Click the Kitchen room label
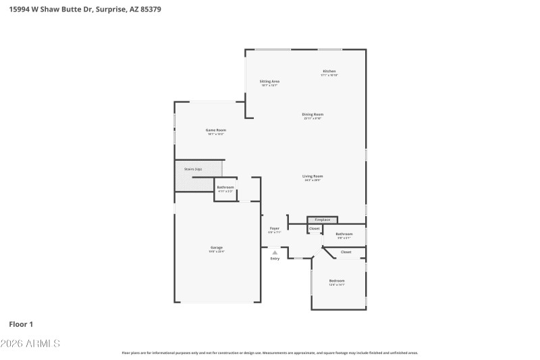pyautogui.click(x=329, y=72)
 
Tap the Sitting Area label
pyautogui.click(x=269, y=82)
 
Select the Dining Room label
pyautogui.click(x=313, y=115)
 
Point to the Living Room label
pyautogui.click(x=313, y=176)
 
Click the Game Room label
pyautogui.click(x=215, y=130)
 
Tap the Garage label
pyautogui.click(x=216, y=248)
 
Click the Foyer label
pyautogui.click(x=275, y=229)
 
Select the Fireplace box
pyautogui.click(x=323, y=220)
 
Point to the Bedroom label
pyautogui.click(x=337, y=281)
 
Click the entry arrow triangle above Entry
pyautogui.click(x=275, y=253)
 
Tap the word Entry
pyautogui.click(x=275, y=259)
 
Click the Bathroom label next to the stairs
pyautogui.click(x=225, y=187)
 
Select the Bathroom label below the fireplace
pyautogui.click(x=344, y=234)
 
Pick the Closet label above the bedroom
pyautogui.click(x=346, y=252)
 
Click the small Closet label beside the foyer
pyautogui.click(x=314, y=229)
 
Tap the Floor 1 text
pyautogui.click(x=21, y=324)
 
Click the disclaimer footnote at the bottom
pyautogui.click(x=269, y=353)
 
